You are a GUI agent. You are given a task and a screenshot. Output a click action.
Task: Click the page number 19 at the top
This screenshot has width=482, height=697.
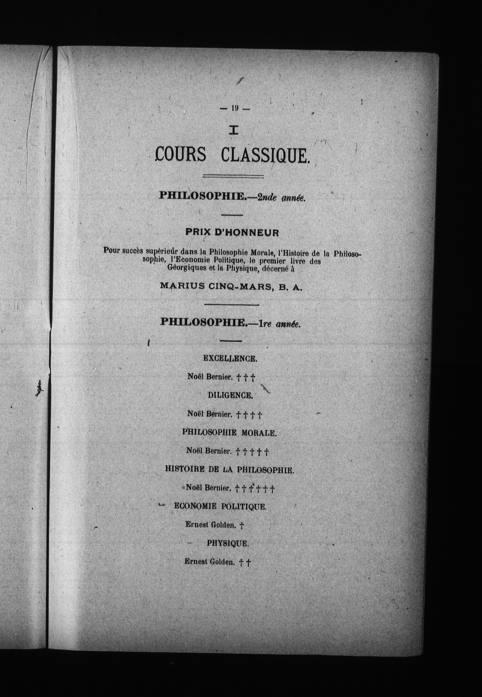pyautogui.click(x=235, y=108)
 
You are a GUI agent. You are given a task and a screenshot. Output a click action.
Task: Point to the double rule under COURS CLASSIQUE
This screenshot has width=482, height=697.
pyautogui.click(x=233, y=176)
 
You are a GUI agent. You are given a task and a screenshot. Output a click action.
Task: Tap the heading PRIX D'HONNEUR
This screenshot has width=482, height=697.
pyautogui.click(x=232, y=233)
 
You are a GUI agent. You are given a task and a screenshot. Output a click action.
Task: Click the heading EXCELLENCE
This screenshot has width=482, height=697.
pyautogui.click(x=230, y=358)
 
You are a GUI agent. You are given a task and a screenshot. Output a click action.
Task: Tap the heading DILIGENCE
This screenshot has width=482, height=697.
pyautogui.click(x=230, y=395)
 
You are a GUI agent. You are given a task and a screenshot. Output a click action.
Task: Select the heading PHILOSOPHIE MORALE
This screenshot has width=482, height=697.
pyautogui.click(x=229, y=433)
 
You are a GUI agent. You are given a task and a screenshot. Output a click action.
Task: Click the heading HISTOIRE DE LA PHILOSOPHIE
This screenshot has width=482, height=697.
pyautogui.click(x=229, y=470)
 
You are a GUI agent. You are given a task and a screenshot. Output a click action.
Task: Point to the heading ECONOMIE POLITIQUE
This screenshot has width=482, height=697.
pyautogui.click(x=220, y=506)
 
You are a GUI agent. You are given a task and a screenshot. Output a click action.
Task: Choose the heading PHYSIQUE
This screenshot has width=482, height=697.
pyautogui.click(x=228, y=543)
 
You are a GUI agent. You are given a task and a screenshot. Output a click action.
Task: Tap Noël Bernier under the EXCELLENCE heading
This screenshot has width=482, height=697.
pyautogui.click(x=209, y=377)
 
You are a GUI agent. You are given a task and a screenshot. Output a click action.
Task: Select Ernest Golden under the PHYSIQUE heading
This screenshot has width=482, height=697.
pyautogui.click(x=209, y=562)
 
